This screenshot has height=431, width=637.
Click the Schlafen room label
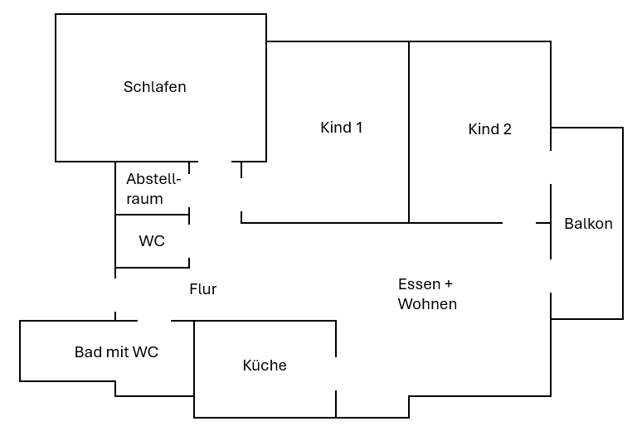pyautogui.click(x=155, y=86)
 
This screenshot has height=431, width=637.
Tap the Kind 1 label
pyautogui.click(x=342, y=128)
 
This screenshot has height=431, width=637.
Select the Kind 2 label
pyautogui.click(x=490, y=129)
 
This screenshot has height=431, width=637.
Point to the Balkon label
pyautogui.click(x=588, y=224)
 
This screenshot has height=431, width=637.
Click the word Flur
pyautogui.click(x=203, y=289)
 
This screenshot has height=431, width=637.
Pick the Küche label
pyautogui.click(x=265, y=366)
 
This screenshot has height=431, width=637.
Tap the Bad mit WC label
pyautogui.click(x=116, y=352)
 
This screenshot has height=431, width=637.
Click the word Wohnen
pyautogui.click(x=427, y=304)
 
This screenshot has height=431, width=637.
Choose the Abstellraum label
pyautogui.click(x=153, y=189)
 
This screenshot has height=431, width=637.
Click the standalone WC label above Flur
pyautogui.click(x=152, y=241)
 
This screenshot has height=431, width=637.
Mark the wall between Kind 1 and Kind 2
pyautogui.click(x=409, y=133)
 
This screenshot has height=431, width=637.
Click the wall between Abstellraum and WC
pyautogui.click(x=153, y=215)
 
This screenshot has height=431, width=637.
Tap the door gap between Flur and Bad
pyautogui.click(x=154, y=320)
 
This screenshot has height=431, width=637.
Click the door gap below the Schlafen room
pyautogui.click(x=215, y=162)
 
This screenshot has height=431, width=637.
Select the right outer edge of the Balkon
pyautogui.click(x=622, y=224)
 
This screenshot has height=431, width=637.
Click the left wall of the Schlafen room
pyautogui.click(x=56, y=87)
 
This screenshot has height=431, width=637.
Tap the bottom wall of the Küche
pyautogui.click(x=265, y=417)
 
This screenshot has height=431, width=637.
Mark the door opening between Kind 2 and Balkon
pyautogui.click(x=552, y=167)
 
